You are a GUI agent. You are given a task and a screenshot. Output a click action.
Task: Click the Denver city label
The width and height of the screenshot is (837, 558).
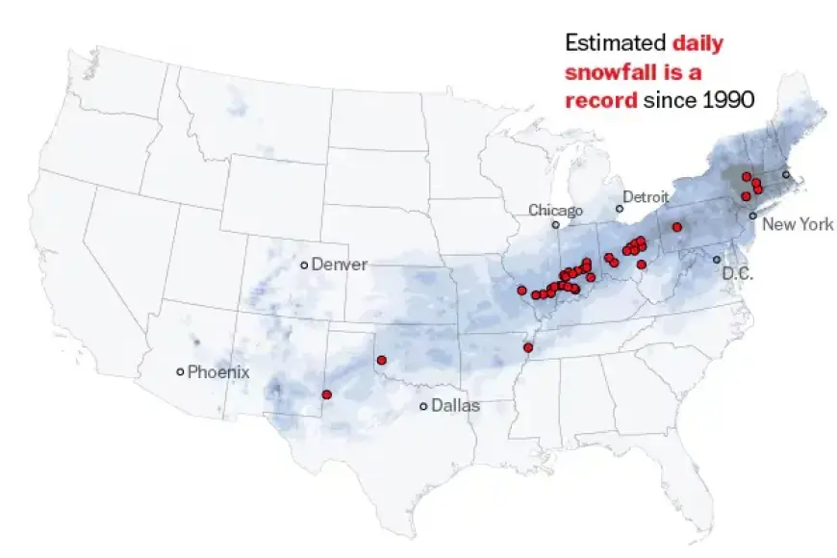[x=340, y=265]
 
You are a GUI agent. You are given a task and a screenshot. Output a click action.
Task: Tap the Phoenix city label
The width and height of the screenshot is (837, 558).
[x=218, y=371]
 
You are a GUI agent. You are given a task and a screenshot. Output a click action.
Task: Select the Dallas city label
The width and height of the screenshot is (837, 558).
[x=455, y=406]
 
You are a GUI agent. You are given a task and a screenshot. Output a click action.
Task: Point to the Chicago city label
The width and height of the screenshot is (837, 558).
[x=555, y=211]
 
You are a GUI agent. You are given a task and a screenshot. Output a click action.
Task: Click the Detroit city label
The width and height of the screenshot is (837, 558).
[x=646, y=197]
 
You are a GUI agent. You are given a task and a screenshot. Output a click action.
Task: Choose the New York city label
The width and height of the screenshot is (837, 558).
[x=798, y=225]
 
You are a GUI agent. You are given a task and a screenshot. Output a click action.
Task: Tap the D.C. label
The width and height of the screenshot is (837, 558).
[x=738, y=274]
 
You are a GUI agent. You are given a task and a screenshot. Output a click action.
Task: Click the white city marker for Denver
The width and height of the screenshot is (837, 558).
[x=304, y=265]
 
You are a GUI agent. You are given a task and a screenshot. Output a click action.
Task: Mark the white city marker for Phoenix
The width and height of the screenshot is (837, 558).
[x=180, y=371]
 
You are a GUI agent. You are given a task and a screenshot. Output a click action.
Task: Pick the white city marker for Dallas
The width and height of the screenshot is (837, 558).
[x=423, y=406]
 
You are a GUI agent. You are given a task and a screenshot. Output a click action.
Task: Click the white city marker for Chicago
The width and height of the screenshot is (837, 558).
[x=555, y=225]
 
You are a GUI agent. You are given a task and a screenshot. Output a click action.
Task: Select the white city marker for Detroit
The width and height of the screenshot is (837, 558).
[x=620, y=208]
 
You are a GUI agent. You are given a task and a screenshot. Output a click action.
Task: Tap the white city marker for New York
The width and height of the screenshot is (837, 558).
[x=752, y=216]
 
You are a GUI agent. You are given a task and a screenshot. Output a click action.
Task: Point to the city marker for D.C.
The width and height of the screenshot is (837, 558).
[x=717, y=260]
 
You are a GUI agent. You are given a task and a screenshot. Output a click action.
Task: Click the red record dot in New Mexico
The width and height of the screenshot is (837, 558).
[x=327, y=394]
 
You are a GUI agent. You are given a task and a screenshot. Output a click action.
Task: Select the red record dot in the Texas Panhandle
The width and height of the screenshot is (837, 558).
[x=382, y=360]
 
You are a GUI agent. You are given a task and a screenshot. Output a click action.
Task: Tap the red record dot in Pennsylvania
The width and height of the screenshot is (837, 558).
[x=677, y=227]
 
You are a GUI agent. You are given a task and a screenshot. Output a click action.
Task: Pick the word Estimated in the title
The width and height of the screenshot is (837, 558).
[x=615, y=42]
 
